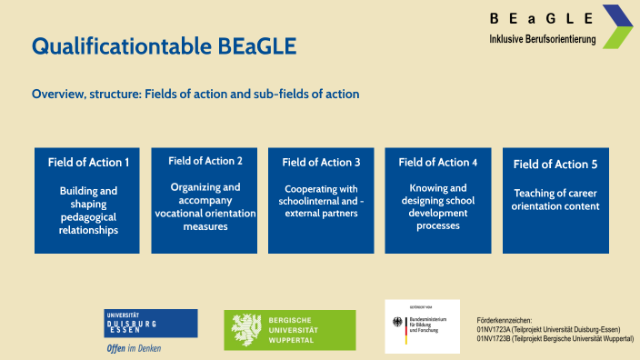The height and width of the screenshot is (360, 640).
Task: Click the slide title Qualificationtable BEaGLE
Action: tap(164, 46)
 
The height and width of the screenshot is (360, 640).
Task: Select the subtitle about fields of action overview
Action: tap(195, 94)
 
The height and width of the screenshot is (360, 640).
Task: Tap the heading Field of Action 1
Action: tap(88, 163)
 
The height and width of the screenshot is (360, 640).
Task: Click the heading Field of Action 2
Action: tap(205, 161)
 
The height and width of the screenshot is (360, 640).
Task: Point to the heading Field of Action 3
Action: tap(321, 163)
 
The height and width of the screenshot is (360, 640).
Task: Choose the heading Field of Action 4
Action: tap(438, 163)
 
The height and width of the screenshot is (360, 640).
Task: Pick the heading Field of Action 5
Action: tap(555, 165)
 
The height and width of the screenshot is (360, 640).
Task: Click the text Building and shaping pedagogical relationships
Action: tap(88, 211)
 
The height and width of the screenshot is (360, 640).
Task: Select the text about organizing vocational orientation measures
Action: tap(205, 206)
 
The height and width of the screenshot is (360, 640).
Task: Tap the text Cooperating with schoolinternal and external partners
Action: tap(321, 201)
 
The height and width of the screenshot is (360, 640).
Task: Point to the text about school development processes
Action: tap(438, 206)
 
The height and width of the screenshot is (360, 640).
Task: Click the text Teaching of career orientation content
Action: tap(555, 199)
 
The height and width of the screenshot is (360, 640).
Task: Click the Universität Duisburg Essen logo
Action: tap(151, 323)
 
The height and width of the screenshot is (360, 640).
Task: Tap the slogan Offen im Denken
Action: tap(135, 347)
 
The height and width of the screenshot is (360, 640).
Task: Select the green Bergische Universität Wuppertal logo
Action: tap(290, 330)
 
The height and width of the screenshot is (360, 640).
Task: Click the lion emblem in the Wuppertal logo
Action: tap(246, 330)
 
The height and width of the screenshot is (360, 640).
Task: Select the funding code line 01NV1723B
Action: tap(555, 339)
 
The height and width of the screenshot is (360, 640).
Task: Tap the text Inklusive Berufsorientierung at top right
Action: tap(542, 39)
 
